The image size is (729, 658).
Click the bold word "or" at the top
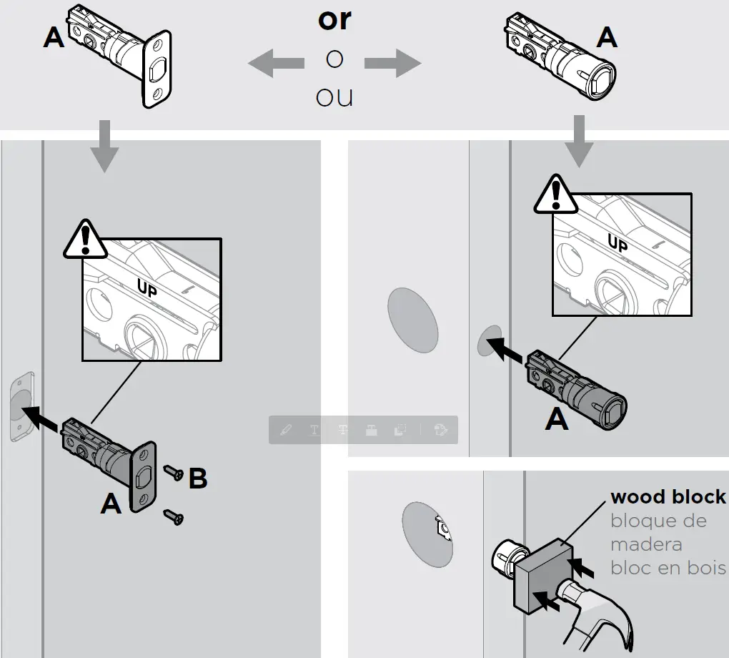click(x=334, y=19)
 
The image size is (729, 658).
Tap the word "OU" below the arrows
click(x=334, y=97)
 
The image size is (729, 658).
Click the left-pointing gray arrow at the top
click(x=276, y=64)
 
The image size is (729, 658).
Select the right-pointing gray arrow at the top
click(x=392, y=64)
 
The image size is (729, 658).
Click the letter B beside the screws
click(x=198, y=478)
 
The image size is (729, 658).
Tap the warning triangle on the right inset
click(x=555, y=194)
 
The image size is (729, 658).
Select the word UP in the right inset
click(x=618, y=244)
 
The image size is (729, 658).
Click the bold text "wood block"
click(x=668, y=497)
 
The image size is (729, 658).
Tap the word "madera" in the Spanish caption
click(x=645, y=544)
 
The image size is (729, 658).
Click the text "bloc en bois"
click(x=668, y=568)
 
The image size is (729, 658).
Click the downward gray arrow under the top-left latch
click(x=105, y=147)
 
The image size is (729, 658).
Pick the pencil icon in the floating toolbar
click(x=286, y=430)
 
